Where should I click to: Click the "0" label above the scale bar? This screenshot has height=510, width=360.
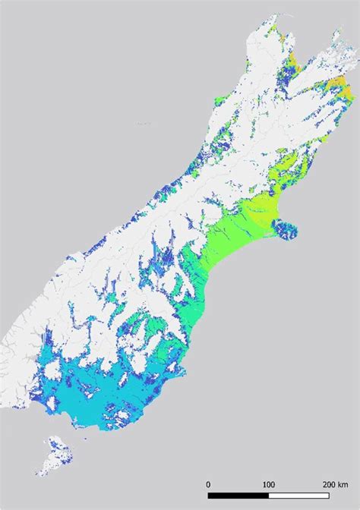(x=208, y=483)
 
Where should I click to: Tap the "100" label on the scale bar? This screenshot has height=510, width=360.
(x=268, y=483)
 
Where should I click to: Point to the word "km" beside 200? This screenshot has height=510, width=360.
(x=343, y=483)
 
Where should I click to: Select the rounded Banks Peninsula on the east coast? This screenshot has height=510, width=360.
(x=288, y=228)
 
